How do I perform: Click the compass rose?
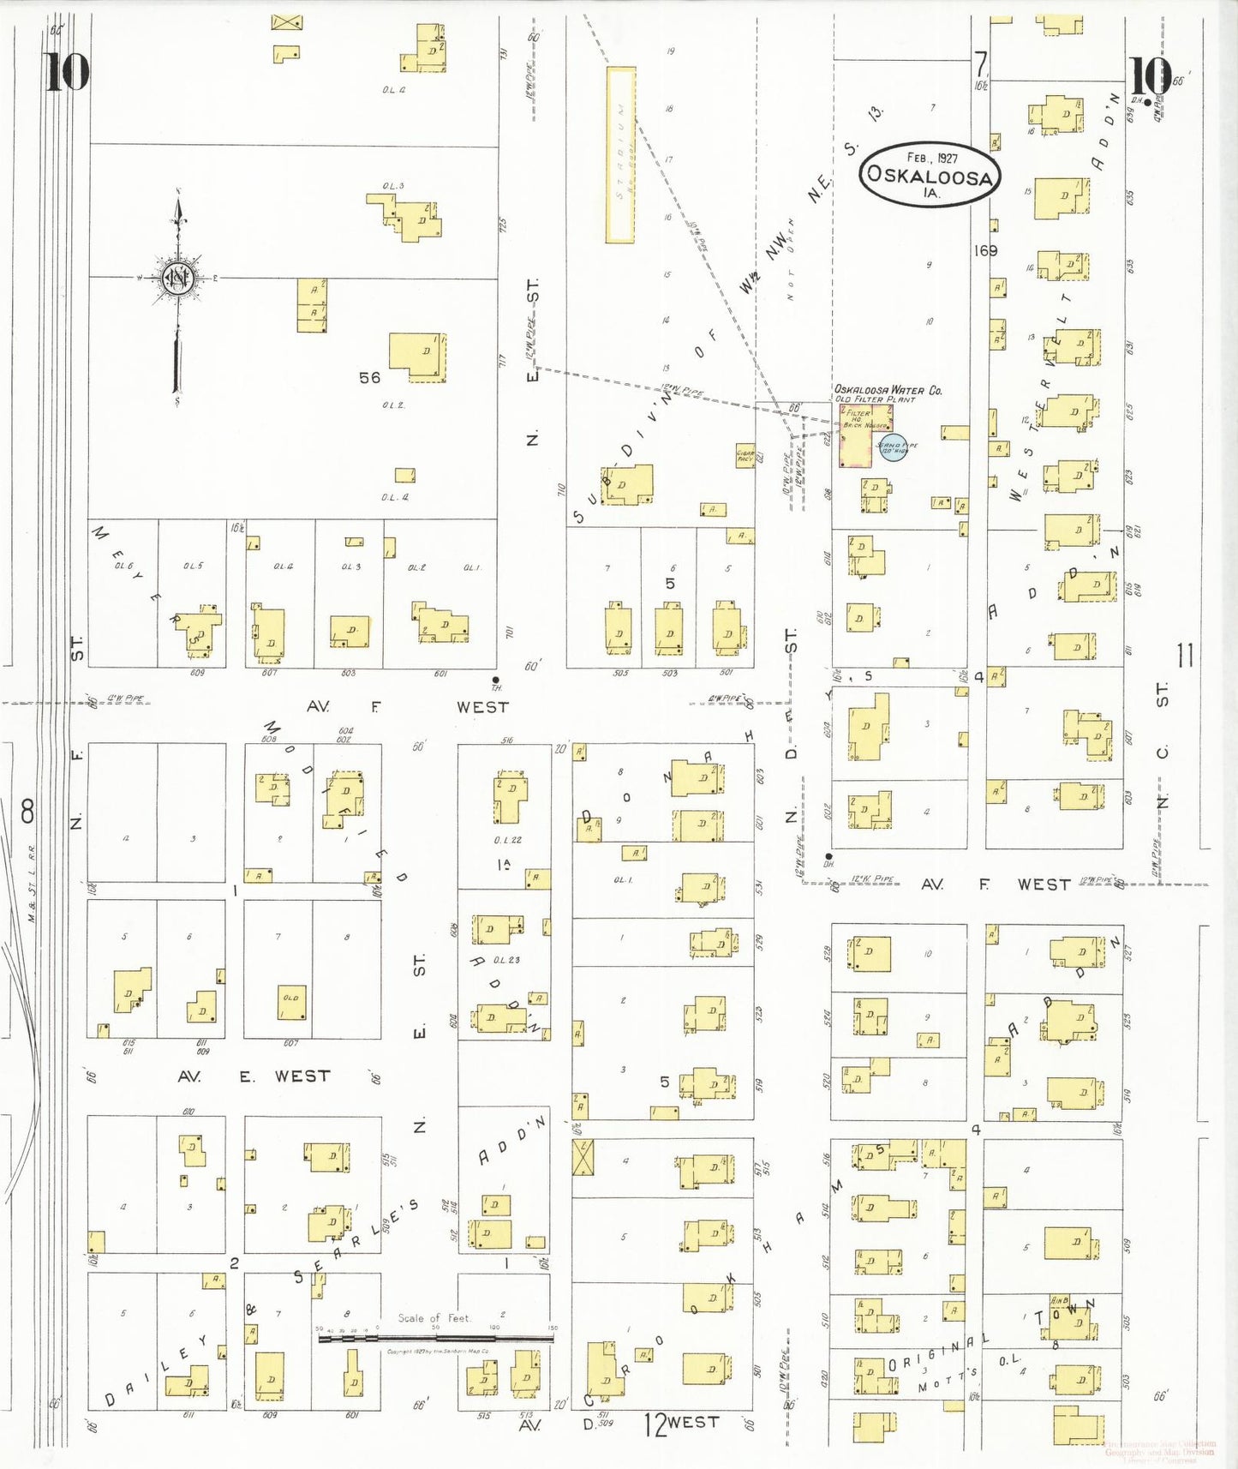point(178,278)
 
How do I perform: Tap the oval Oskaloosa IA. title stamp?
point(930,175)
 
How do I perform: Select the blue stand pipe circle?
point(893,447)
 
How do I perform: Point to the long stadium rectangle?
point(621,155)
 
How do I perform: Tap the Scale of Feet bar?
point(436,1337)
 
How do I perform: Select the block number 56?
point(369,378)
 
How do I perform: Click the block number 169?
point(985,251)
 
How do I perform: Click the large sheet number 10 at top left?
point(67,72)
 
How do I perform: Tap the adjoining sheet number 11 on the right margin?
point(1185,657)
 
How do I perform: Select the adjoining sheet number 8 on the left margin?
point(27,811)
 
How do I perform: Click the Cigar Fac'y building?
point(745,456)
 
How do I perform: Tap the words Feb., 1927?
point(932,158)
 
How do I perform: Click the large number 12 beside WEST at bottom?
point(655,1425)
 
